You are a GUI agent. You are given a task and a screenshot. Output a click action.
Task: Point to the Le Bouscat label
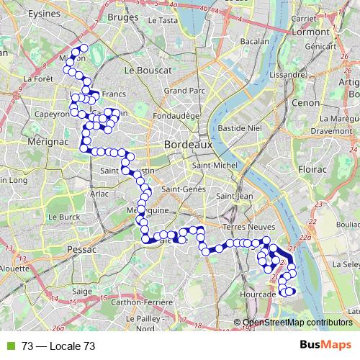pos(148,71)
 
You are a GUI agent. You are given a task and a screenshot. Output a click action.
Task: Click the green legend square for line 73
pos(11,346)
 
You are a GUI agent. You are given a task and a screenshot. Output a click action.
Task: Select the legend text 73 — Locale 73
pos(58,346)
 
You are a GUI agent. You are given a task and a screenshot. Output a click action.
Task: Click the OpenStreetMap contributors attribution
pos(297,323)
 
